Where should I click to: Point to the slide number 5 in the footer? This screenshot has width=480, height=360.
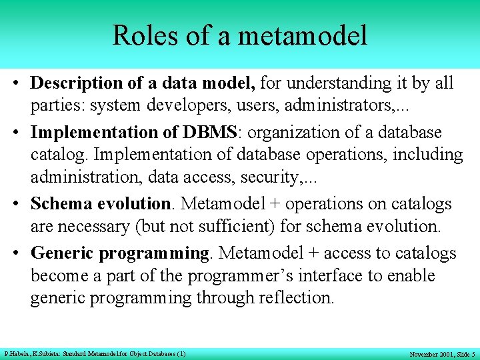472,354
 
